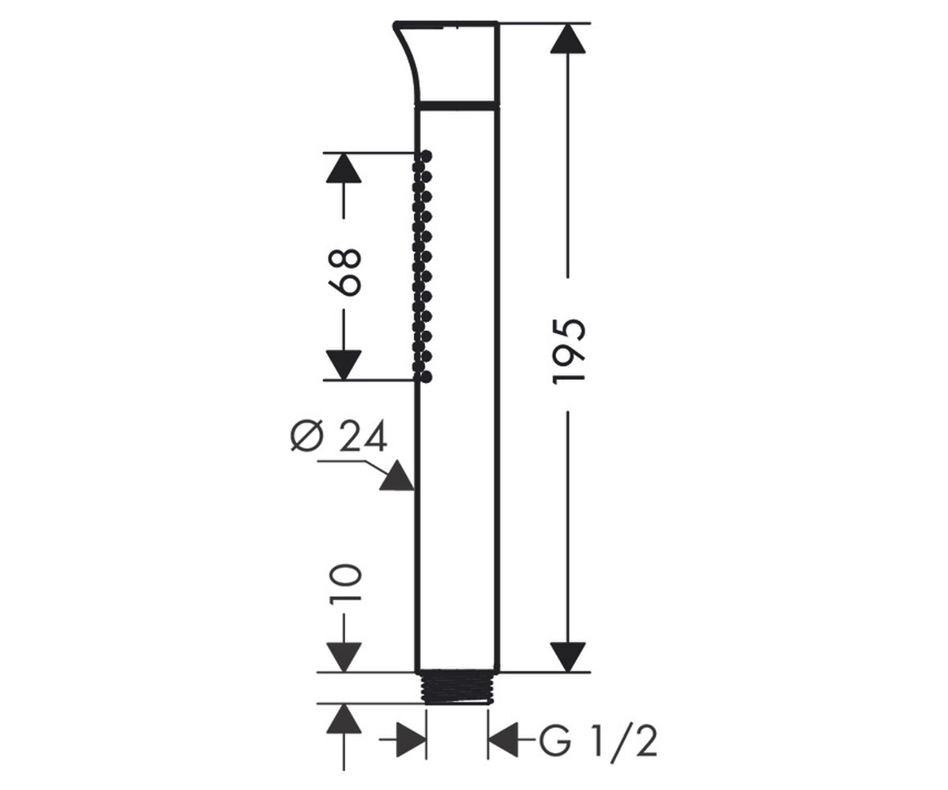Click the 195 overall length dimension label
569,352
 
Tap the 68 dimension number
344,273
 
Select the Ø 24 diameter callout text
339,436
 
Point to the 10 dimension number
345,585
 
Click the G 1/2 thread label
598,743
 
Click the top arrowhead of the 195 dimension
567,39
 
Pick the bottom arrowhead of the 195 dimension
567,657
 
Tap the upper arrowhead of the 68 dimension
344,168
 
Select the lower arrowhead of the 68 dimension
344,365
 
